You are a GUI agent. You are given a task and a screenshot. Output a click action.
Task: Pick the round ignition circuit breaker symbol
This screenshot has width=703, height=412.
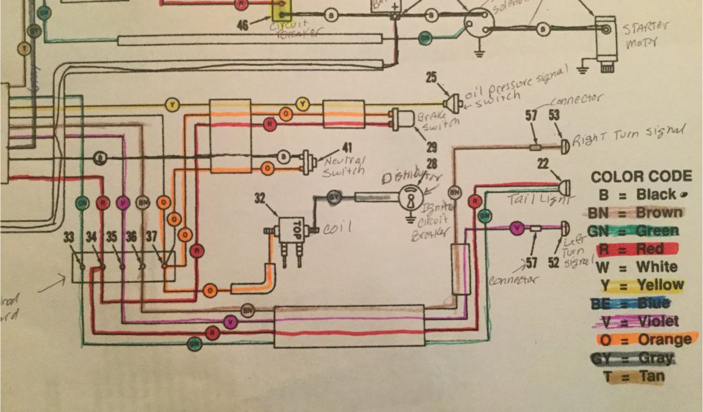411,198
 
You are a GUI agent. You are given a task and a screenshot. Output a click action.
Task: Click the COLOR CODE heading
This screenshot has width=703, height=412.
641,176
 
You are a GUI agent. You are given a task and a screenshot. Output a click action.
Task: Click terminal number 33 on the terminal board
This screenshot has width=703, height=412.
69,238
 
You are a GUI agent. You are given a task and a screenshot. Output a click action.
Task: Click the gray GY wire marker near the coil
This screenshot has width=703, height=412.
333,195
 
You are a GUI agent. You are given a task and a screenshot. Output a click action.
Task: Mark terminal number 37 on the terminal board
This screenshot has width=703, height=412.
152,238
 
